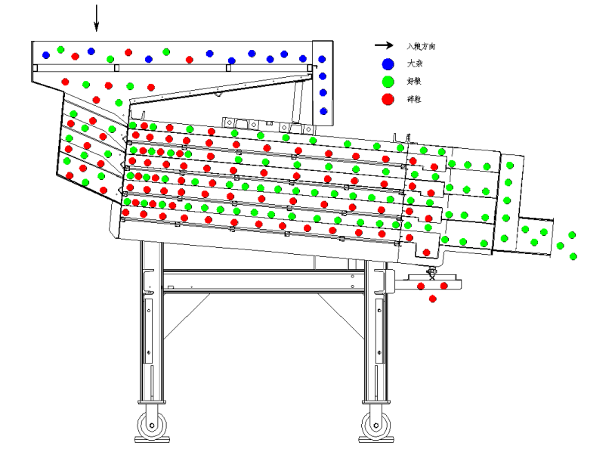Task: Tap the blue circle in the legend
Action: point(388,64)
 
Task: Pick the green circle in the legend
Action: point(388,82)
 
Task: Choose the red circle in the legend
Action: point(388,99)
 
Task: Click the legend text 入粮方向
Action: point(420,47)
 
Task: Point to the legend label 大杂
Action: point(414,64)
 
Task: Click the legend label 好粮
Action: point(414,82)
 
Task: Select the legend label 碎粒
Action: point(414,99)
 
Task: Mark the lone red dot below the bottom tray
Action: point(433,299)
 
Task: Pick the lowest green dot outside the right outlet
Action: point(573,257)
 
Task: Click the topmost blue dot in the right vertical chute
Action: point(322,59)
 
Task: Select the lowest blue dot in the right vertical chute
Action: point(323,111)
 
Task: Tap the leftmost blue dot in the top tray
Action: point(46,54)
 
